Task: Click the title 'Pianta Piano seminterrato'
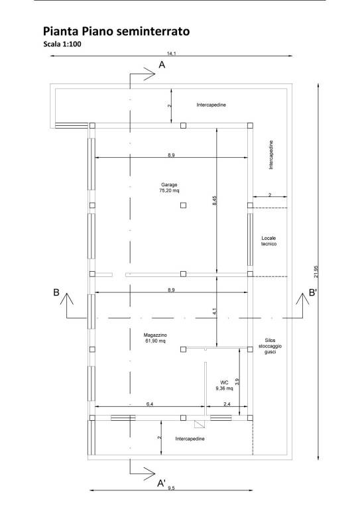pos(116,32)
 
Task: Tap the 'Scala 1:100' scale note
pos(62,44)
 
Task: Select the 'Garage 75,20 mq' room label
pos(169,188)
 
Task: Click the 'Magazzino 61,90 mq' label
pos(155,338)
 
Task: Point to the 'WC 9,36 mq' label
pos(224,385)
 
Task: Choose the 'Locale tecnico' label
pos(269,241)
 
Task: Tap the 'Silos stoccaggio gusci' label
pos(270,346)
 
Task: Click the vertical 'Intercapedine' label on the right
pos(271,154)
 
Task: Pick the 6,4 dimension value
pos(150,404)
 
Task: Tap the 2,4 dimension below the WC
pos(227,404)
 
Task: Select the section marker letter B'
pos(313,293)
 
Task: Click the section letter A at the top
pos(162,65)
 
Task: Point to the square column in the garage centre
pos(184,205)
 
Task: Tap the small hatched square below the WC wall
pos(198,424)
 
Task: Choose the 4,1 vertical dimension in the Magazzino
pos(214,311)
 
